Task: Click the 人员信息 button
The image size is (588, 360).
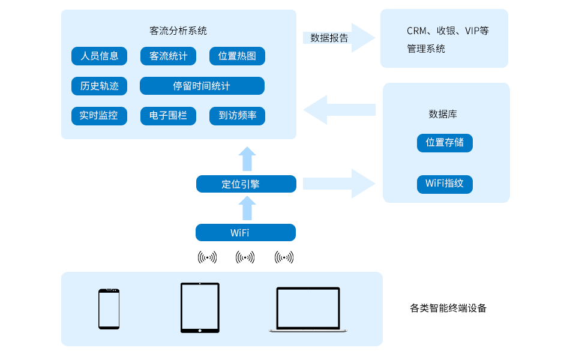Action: [x=99, y=56]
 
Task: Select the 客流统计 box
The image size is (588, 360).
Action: [x=168, y=56]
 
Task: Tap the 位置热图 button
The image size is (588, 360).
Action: [x=237, y=56]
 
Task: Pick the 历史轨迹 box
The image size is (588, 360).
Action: [x=99, y=86]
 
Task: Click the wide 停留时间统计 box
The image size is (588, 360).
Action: [x=202, y=86]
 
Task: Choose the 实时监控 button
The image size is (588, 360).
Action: [x=99, y=116]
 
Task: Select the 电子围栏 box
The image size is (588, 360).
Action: [x=168, y=116]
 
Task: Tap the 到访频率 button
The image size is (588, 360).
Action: [x=237, y=116]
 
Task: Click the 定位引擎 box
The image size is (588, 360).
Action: [x=246, y=184]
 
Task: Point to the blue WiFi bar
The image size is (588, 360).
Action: [x=245, y=233]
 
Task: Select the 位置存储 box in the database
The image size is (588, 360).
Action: [x=445, y=143]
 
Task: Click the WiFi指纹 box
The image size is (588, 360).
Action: [x=445, y=184]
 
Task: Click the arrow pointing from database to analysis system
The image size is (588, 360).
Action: [x=339, y=110]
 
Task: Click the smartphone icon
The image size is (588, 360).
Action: [x=109, y=309]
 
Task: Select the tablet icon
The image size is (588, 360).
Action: [x=200, y=308]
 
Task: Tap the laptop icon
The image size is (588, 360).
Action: [x=308, y=310]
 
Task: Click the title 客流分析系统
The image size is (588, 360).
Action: [x=178, y=31]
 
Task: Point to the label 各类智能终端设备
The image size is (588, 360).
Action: [x=448, y=308]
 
